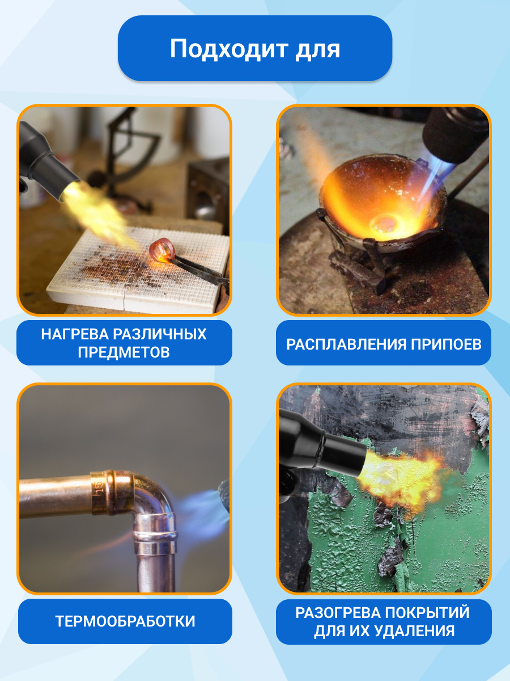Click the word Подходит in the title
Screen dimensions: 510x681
pyautogui.click(x=228, y=49)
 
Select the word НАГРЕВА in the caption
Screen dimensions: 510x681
pyautogui.click(x=75, y=334)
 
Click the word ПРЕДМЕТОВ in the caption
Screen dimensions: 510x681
pyautogui.click(x=124, y=352)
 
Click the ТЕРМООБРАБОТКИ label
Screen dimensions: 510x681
pyautogui.click(x=125, y=621)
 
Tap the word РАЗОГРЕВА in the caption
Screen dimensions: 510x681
pyautogui.click(x=338, y=613)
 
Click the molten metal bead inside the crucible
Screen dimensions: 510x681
pyautogui.click(x=384, y=223)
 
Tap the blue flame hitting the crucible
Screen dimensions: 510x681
pyautogui.click(x=433, y=180)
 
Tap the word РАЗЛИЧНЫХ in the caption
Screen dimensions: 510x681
pyautogui.click(x=160, y=334)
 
